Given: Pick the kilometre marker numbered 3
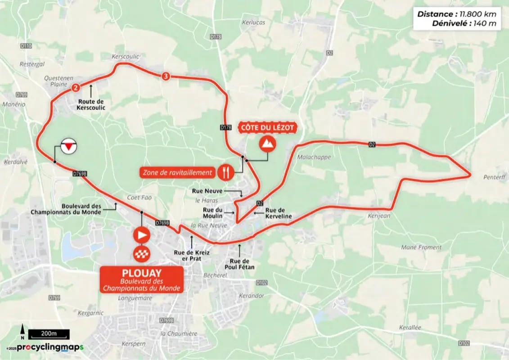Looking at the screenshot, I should [166, 76].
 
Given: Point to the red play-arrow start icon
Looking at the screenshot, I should [141, 234].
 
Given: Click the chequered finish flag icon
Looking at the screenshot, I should [141, 254].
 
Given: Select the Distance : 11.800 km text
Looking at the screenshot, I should [457, 14].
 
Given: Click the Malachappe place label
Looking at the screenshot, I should [314, 157].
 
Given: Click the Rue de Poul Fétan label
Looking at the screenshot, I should [242, 264].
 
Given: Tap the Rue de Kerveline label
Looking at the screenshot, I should [278, 213].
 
